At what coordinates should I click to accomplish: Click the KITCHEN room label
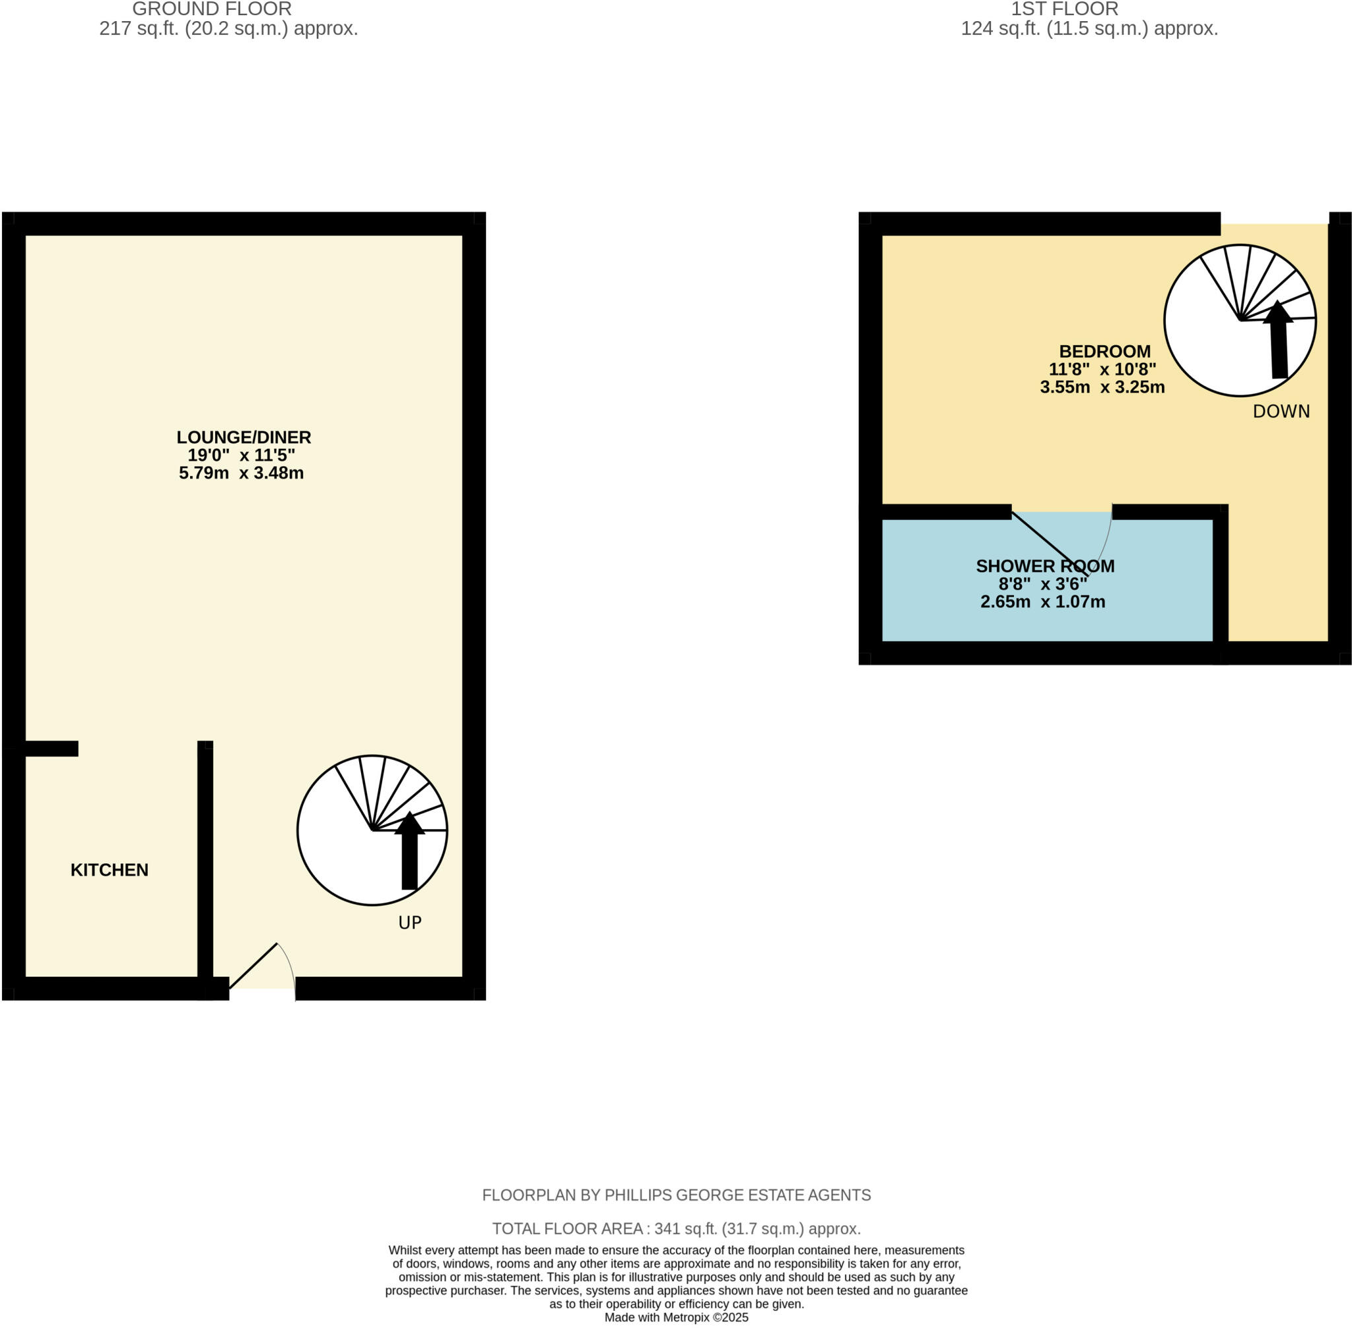click(x=110, y=870)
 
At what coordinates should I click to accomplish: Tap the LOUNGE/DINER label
click(x=244, y=438)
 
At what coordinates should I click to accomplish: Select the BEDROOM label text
click(x=1104, y=352)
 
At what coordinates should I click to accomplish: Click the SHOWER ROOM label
click(x=1044, y=566)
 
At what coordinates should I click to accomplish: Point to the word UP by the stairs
click(x=409, y=923)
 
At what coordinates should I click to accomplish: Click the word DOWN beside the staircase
click(x=1281, y=411)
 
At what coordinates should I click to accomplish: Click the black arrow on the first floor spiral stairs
click(x=1278, y=342)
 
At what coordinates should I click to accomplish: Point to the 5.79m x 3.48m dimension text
click(x=242, y=473)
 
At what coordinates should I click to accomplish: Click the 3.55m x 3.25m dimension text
click(x=1102, y=387)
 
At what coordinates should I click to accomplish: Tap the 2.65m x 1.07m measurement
click(x=1042, y=602)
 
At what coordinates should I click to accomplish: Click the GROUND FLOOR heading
click(x=211, y=9)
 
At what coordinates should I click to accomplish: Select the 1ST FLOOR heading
click(x=1065, y=9)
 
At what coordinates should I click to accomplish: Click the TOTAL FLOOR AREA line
click(x=676, y=1229)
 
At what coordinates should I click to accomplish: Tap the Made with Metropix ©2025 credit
click(x=676, y=1317)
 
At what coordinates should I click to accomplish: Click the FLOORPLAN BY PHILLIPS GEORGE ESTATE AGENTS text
click(x=676, y=1195)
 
